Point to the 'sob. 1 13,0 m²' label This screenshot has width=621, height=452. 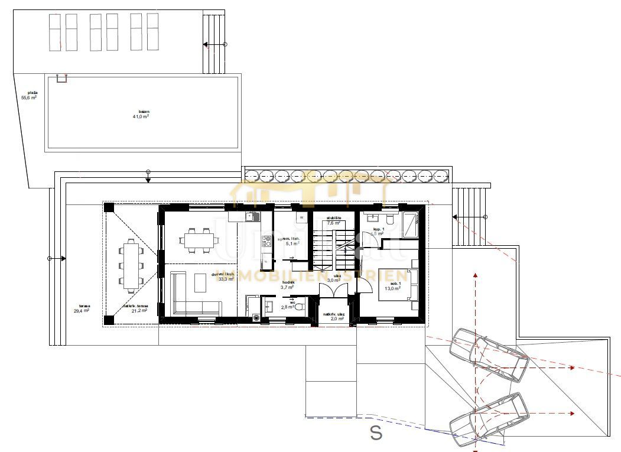click(393, 286)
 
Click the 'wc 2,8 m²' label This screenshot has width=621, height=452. click(288, 307)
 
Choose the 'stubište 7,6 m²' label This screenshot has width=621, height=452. click(335, 220)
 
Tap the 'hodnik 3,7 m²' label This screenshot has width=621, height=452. click(288, 285)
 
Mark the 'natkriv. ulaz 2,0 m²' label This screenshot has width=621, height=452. click(334, 316)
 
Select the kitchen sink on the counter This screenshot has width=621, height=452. click(251, 217)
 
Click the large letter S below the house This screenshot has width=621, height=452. click(376, 433)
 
